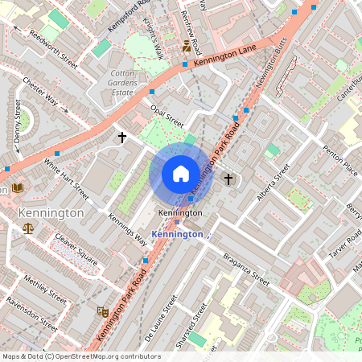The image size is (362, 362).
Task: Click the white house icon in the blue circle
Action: [x=181, y=174]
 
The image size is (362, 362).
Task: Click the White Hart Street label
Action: [x=66, y=179]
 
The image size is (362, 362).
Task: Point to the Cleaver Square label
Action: [x=76, y=249]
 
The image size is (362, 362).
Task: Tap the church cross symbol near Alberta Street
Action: [x=228, y=179]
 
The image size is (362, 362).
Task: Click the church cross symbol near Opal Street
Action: [x=122, y=138]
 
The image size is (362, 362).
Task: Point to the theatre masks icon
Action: [x=103, y=311]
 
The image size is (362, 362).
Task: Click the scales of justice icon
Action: [x=29, y=229]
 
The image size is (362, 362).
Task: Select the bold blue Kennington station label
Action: [x=176, y=233]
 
